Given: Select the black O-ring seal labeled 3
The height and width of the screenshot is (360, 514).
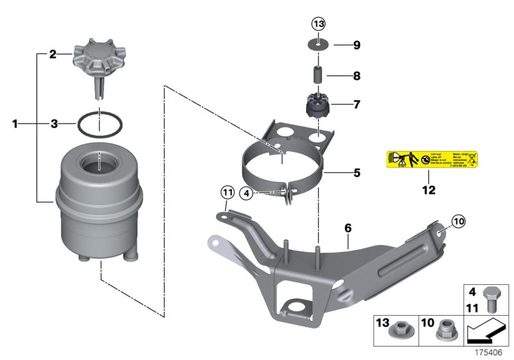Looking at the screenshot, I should pyautogui.click(x=100, y=123).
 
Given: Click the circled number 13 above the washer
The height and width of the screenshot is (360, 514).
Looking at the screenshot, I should pyautogui.click(x=319, y=24).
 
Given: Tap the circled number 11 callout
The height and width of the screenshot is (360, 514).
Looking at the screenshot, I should pyautogui.click(x=226, y=191).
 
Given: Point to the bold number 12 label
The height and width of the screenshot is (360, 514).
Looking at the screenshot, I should pyautogui.click(x=428, y=190).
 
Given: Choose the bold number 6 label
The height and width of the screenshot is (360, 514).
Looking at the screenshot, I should pyautogui.click(x=348, y=228).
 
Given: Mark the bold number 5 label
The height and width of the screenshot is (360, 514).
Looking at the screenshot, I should pyautogui.click(x=356, y=172).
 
